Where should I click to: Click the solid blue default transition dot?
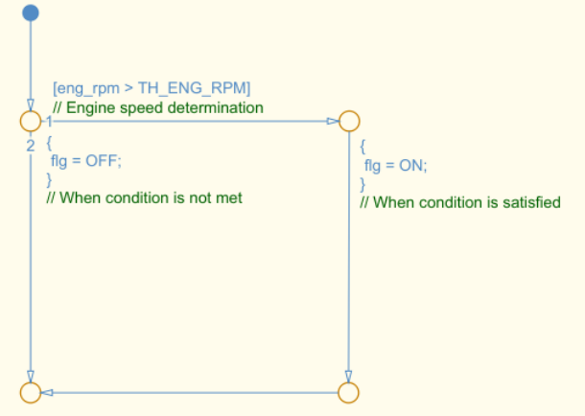[31, 12]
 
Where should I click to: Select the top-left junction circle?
[31, 121]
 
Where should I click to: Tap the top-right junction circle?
[349, 121]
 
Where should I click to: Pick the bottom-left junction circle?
[31, 392]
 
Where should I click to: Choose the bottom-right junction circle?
[349, 392]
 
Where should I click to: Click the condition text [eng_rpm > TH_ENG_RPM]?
[151, 89]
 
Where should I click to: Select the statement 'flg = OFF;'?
[86, 161]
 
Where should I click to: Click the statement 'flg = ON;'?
[395, 165]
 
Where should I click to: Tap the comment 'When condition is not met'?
[144, 198]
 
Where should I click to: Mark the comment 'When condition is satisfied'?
[459, 202]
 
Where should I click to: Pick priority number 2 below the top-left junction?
[31, 145]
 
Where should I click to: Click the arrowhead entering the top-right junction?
[333, 121]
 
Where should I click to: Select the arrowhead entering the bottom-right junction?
[349, 376]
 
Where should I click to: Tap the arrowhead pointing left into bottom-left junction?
[47, 392]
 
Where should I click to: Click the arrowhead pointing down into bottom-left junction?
[31, 376]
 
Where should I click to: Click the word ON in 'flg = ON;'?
[411, 165]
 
